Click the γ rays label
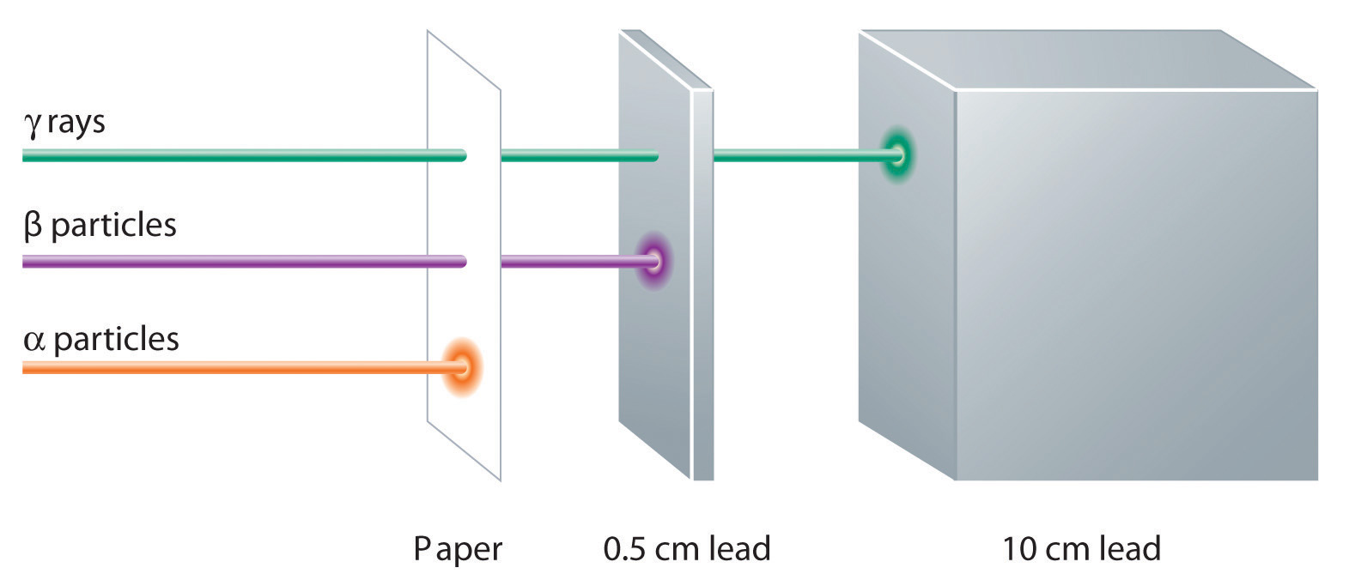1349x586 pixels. [64, 123]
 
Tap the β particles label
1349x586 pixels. [100, 226]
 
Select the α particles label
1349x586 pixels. [101, 339]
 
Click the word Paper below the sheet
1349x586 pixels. [457, 548]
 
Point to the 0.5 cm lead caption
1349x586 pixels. [686, 548]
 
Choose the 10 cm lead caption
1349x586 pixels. [1080, 548]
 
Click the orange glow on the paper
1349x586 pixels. [462, 367]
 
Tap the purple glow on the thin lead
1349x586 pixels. [653, 261]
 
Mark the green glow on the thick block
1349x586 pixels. [897, 156]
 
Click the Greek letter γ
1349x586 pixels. [32, 125]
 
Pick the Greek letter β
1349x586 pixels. [33, 226]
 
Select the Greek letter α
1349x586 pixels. [33, 341]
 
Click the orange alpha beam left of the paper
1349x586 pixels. [232, 367]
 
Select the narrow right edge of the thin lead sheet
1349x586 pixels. [702, 283]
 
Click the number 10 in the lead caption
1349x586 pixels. [1018, 548]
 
